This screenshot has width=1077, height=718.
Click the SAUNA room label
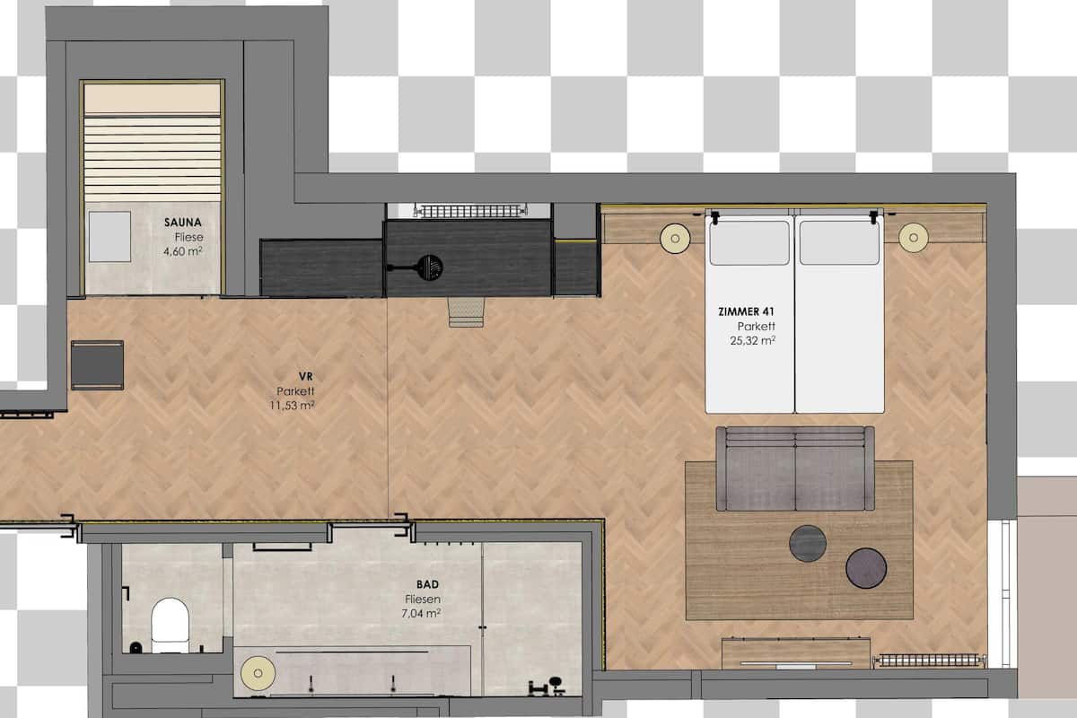pyautogui.click(x=182, y=222)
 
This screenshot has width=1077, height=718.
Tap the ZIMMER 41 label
pyautogui.click(x=747, y=311)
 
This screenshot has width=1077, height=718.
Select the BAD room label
pyautogui.click(x=426, y=584)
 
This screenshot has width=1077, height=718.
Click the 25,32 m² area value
pyautogui.click(x=753, y=340)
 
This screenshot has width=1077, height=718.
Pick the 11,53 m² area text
pyautogui.click(x=292, y=406)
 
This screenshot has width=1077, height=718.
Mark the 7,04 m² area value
pyautogui.click(x=421, y=613)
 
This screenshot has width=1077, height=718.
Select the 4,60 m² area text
pyautogui.click(x=181, y=252)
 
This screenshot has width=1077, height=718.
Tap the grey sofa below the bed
pyautogui.click(x=795, y=468)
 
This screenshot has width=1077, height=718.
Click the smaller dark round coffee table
pyautogui.click(x=808, y=543)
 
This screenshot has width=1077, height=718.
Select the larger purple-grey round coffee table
pyautogui.click(x=866, y=568)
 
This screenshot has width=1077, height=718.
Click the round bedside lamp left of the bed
pyautogui.click(x=674, y=238)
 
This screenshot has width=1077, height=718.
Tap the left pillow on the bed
pyautogui.click(x=749, y=241)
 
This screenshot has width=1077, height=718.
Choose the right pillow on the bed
pyautogui.click(x=839, y=241)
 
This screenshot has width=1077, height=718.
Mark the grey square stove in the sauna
pyautogui.click(x=109, y=237)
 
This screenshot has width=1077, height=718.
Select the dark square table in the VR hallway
pyautogui.click(x=97, y=364)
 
